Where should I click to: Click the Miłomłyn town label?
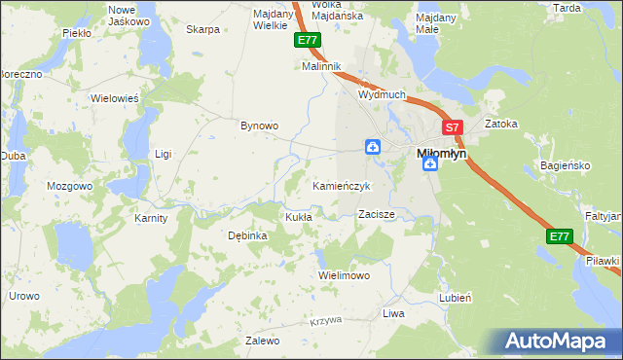[x=441, y=153]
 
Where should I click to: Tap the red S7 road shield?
[x=452, y=127]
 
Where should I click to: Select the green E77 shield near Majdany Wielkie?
[x=307, y=40]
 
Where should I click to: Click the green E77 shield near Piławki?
[x=558, y=236]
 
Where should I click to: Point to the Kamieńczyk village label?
[x=342, y=185]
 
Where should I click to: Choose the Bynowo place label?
[x=260, y=126]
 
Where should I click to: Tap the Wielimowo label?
[x=345, y=275]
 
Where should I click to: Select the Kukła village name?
[x=298, y=217]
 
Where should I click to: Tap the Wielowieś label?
[x=115, y=98]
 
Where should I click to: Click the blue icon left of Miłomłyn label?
[x=373, y=147]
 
